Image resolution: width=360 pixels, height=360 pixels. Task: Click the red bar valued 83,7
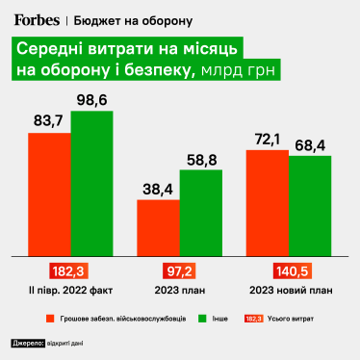click(x=49, y=194)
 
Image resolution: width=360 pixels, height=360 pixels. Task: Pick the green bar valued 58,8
click(x=200, y=214)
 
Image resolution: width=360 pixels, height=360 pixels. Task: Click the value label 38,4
click(x=158, y=190)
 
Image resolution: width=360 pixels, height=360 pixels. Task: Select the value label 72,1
click(x=267, y=141)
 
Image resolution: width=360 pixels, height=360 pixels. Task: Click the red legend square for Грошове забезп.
click(x=47, y=317)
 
